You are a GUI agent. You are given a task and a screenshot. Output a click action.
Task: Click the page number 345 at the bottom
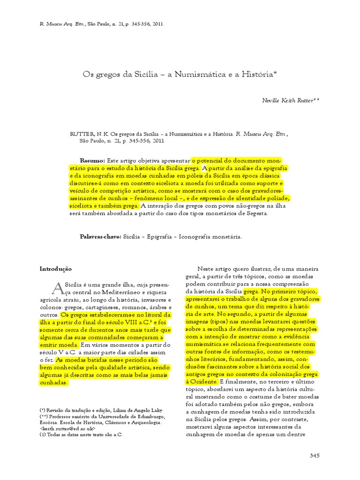[315, 456]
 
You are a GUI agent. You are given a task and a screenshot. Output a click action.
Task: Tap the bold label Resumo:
[93, 160]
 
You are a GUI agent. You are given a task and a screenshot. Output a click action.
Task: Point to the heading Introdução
[56, 269]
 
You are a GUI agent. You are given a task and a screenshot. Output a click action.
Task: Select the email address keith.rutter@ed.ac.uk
[68, 428]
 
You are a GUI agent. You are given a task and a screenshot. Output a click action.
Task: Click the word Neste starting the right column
[206, 269]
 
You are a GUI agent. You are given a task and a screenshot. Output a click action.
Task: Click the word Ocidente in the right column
[203, 382]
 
